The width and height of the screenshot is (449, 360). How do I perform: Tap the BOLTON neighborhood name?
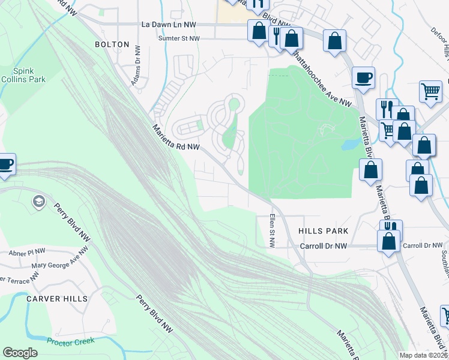[x=112, y=44]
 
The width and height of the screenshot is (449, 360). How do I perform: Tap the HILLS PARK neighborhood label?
[x=323, y=231]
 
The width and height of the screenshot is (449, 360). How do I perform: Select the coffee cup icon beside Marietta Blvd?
[x=364, y=77]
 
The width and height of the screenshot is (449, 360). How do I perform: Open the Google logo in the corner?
[x=20, y=353]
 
